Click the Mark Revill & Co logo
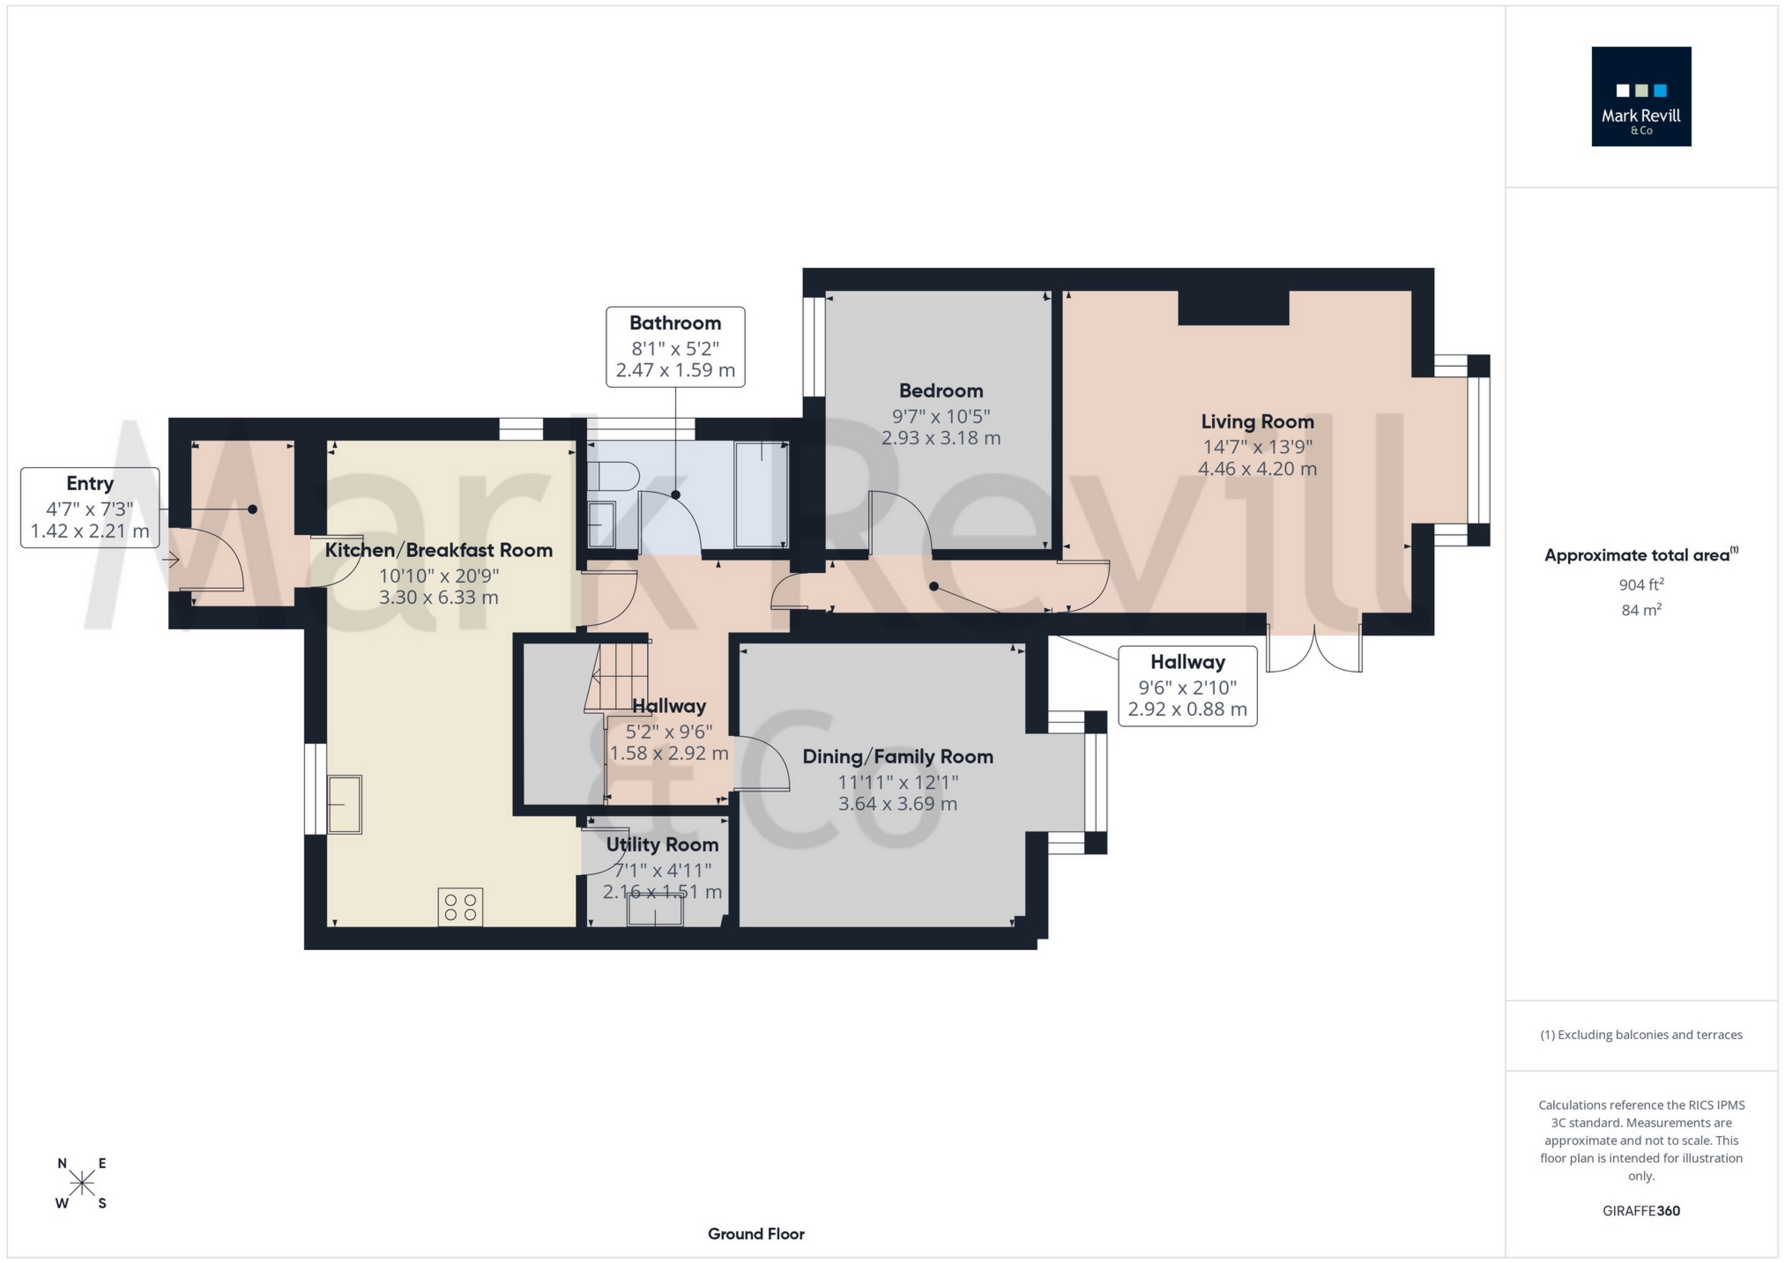[x=1640, y=96]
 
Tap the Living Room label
[x=1257, y=421]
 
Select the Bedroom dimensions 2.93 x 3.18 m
[x=941, y=438]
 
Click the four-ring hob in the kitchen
[x=460, y=907]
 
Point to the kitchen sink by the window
[x=345, y=804]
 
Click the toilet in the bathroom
[x=614, y=477]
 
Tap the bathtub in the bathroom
[x=760, y=495]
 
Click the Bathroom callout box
[x=675, y=346]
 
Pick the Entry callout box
[x=90, y=508]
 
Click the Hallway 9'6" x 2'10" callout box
[x=1187, y=686]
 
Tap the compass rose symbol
[x=82, y=1184]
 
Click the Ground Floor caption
[x=755, y=1234]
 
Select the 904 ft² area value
[x=1640, y=584]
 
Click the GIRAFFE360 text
[x=1640, y=1211]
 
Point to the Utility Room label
[x=662, y=844]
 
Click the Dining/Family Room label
[x=897, y=756]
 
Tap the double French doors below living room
[x=1314, y=650]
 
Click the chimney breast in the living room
[x=1233, y=308]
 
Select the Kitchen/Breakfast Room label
[x=439, y=550]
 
